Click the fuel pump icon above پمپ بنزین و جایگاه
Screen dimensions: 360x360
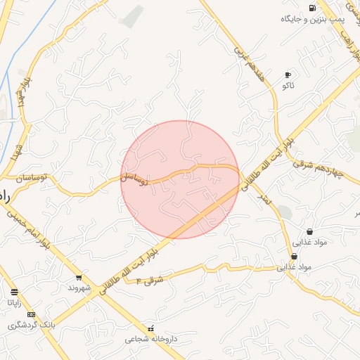click(x=312, y=8)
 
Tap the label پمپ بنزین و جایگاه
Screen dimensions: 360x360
click(x=311, y=18)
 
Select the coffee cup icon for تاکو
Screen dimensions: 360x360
click(x=288, y=75)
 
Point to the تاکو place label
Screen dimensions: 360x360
click(x=288, y=86)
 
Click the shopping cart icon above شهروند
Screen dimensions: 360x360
click(x=79, y=277)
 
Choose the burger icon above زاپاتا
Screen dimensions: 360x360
click(x=15, y=291)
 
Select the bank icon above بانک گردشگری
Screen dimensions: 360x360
click(x=31, y=314)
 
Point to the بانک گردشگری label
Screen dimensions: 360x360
click(x=31, y=325)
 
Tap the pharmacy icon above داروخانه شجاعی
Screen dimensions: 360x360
click(x=151, y=328)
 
